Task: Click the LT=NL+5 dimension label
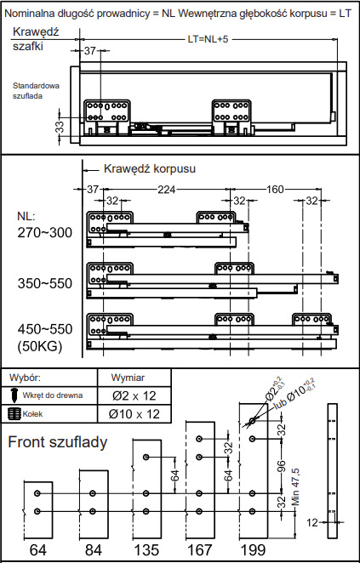(x=208, y=39)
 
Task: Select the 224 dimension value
(x=167, y=189)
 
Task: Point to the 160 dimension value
(x=275, y=189)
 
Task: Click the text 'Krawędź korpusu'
(x=150, y=168)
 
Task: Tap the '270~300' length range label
(x=45, y=233)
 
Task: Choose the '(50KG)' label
(x=39, y=347)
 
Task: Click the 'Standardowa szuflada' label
(x=36, y=91)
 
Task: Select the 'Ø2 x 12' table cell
(x=134, y=395)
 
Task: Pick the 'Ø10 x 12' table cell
(x=134, y=414)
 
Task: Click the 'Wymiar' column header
(x=128, y=378)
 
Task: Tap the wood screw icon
(x=14, y=395)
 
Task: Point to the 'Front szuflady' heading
(x=58, y=442)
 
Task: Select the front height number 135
(x=146, y=549)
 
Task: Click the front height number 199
(x=254, y=549)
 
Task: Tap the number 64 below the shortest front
(x=38, y=549)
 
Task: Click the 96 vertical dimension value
(x=282, y=468)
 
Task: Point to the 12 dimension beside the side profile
(x=313, y=522)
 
